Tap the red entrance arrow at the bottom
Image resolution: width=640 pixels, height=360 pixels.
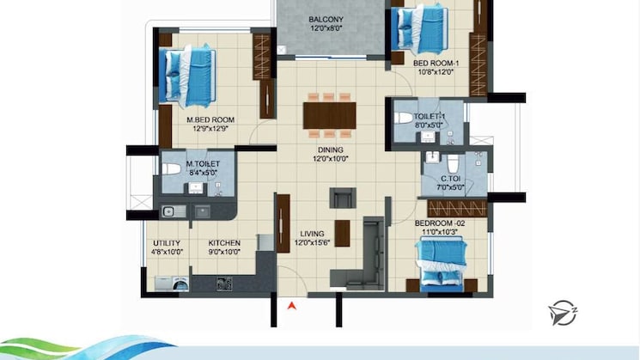(x=292, y=304)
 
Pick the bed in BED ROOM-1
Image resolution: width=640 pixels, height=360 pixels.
(x=419, y=29)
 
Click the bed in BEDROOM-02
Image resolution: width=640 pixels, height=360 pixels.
(x=442, y=262)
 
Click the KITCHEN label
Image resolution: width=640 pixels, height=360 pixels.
(x=224, y=243)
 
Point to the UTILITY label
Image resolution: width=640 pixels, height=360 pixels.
(x=166, y=243)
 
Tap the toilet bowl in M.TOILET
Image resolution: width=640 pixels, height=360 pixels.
(x=172, y=168)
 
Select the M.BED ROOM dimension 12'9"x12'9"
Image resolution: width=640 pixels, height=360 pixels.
(x=210, y=130)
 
